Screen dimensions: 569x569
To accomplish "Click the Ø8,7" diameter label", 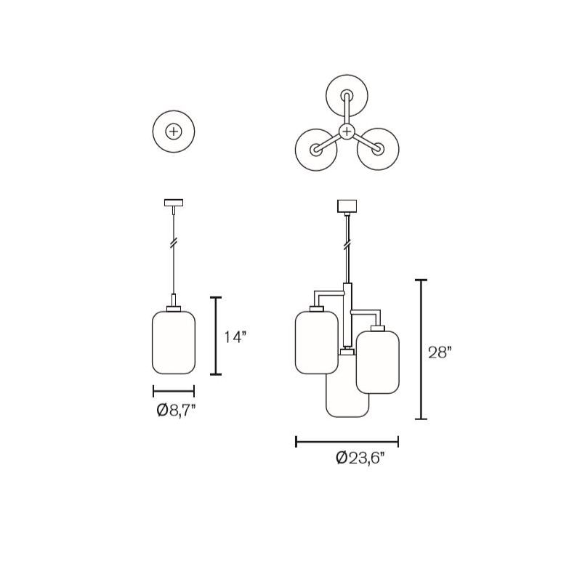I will (175, 411).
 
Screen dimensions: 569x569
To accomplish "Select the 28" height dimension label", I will (440, 352).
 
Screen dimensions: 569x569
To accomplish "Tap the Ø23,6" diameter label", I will (360, 459).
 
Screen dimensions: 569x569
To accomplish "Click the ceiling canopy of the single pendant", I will (174, 202).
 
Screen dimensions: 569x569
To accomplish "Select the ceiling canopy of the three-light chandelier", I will (347, 206).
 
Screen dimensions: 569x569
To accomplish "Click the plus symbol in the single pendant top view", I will (174, 132).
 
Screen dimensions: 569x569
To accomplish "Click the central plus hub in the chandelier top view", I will (347, 132).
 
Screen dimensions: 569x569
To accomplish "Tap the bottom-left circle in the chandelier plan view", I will (316, 149).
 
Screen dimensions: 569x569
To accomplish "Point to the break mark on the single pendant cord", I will (174, 243).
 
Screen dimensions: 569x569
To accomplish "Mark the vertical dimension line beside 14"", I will (215, 336).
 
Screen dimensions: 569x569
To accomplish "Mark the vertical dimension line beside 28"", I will (420, 349).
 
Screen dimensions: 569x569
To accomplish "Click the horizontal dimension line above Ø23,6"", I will (347, 440).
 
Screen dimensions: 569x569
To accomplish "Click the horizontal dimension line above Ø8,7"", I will (174, 390).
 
